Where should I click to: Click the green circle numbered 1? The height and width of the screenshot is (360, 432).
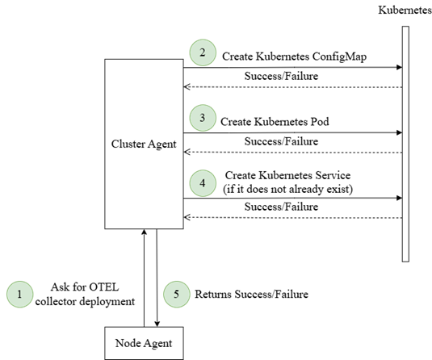tap(19, 295)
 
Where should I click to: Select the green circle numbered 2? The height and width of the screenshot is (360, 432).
tap(203, 52)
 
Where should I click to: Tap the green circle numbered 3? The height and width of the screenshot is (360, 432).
tap(203, 118)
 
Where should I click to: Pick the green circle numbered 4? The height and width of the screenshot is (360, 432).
tap(203, 183)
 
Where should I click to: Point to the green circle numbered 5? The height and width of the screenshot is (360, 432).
tap(177, 295)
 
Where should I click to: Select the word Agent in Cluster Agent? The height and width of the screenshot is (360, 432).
tap(161, 144)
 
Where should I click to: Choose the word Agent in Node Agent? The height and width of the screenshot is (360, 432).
tap(157, 344)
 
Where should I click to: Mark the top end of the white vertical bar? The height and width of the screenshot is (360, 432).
tap(405, 28)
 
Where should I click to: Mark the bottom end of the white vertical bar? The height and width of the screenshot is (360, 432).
tap(405, 260)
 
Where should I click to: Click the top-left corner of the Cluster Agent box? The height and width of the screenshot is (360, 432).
tap(106, 60)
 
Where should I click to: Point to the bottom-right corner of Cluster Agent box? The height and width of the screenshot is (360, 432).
tap(182, 228)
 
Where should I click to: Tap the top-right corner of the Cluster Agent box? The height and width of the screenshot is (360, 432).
tap(182, 60)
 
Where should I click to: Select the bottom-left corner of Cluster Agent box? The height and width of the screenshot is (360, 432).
tap(106, 228)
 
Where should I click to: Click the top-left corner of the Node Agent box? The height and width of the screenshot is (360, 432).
tap(106, 329)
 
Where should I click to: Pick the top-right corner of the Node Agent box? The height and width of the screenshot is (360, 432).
tap(182, 329)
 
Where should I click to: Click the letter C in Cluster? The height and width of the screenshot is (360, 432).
tap(115, 144)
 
